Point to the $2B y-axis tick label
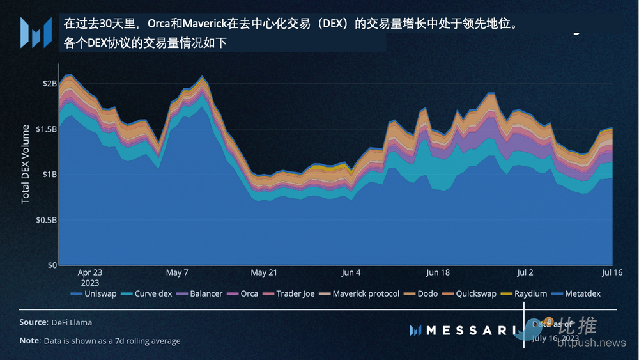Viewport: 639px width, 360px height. click(49, 83)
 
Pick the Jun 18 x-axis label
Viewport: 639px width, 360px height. click(438, 272)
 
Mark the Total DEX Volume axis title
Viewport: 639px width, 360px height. click(26, 164)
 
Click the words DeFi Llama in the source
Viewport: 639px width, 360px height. click(72, 322)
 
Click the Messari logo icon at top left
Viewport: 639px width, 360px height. click(36, 33)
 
